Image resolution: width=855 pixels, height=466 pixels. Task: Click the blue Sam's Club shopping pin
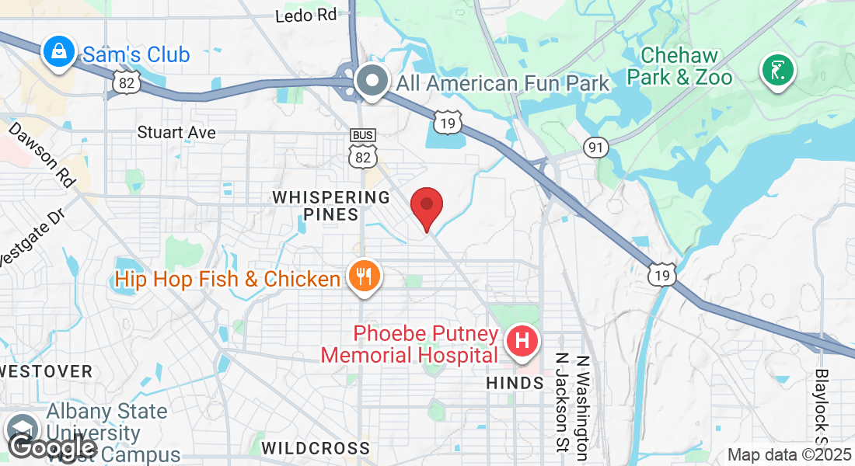pos(58,53)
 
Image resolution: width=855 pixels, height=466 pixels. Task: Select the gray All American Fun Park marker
pos(372,81)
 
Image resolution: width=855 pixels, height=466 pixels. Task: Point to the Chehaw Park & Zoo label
pos(679,67)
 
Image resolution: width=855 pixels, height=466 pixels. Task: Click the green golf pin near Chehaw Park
pos(777,71)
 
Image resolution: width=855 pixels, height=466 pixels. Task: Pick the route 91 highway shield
pos(597,147)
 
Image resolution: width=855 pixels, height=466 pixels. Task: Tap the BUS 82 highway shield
pos(363,148)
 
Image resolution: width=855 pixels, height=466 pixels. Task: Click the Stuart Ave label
pos(176,132)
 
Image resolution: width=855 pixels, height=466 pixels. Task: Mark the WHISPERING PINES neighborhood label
pos(331,205)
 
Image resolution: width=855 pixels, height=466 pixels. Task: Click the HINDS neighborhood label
pos(515,384)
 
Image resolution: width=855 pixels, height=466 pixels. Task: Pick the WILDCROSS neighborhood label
pos(316,448)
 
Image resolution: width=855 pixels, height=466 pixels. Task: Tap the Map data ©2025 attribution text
pos(788,455)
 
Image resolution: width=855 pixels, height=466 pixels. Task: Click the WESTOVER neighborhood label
pos(47,371)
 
